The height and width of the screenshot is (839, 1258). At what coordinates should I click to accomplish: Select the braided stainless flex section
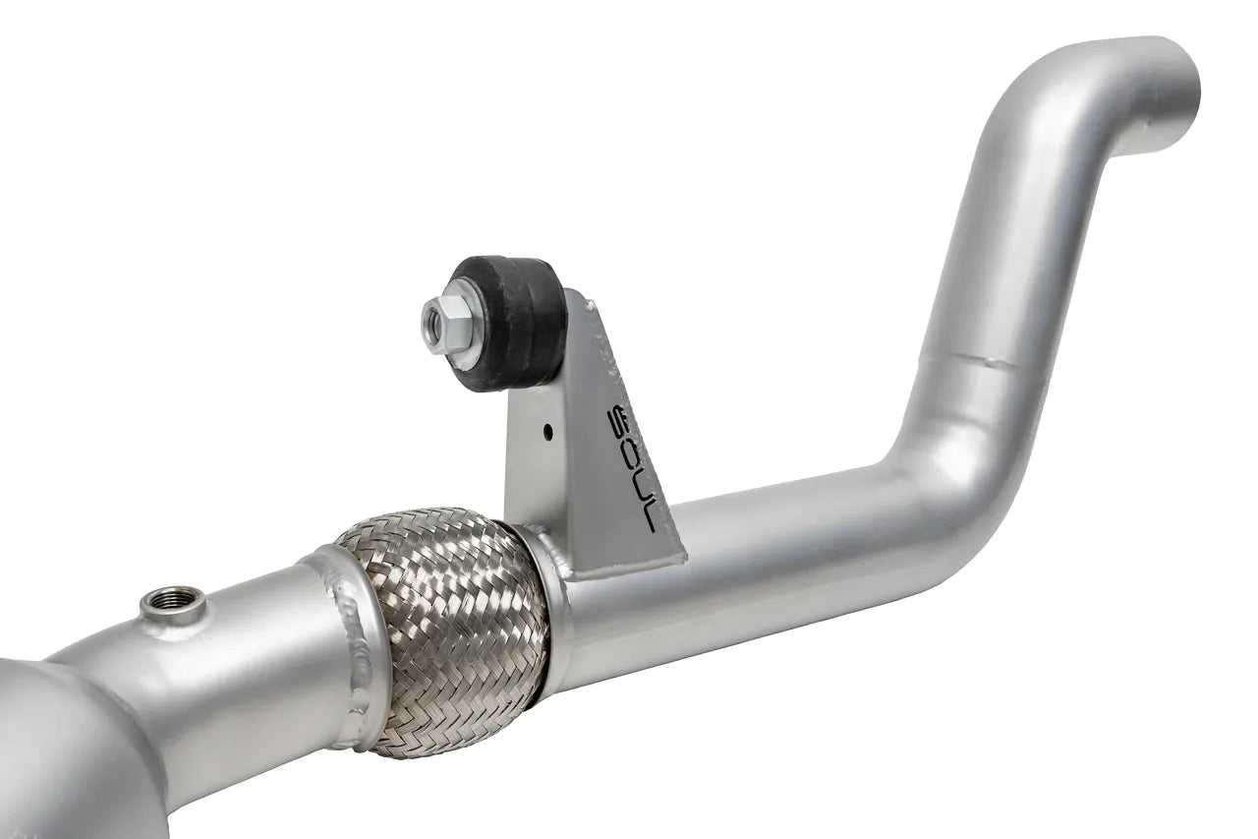click(x=442, y=629)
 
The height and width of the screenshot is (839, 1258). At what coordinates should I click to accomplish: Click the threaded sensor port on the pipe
click(x=173, y=601)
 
